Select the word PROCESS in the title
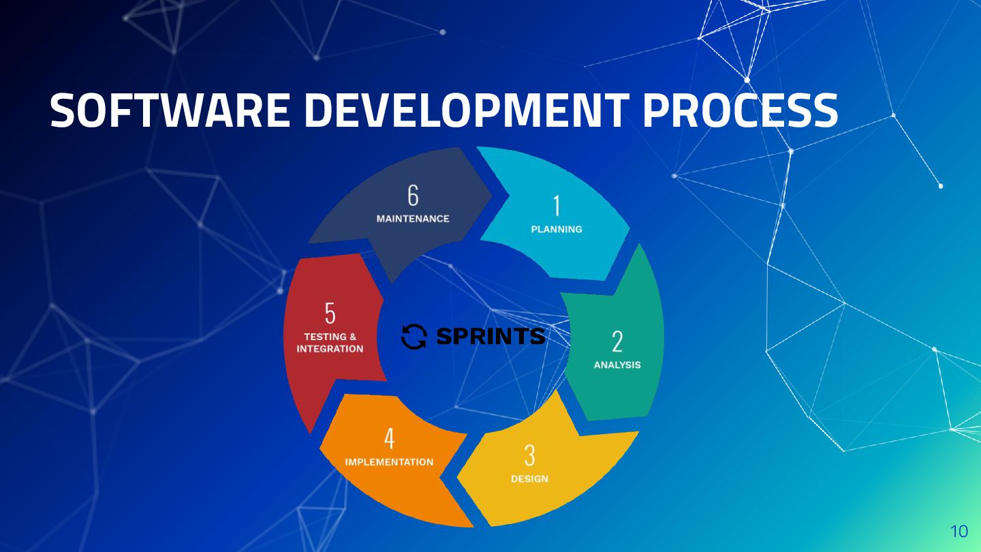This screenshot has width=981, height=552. pyautogui.click(x=741, y=110)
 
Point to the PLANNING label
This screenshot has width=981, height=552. pyautogui.click(x=557, y=230)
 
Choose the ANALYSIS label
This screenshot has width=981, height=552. pyautogui.click(x=617, y=365)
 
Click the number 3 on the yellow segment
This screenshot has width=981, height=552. pyautogui.click(x=529, y=456)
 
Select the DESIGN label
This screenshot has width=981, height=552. pyautogui.click(x=529, y=479)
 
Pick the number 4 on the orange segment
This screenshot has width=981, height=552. pyautogui.click(x=389, y=439)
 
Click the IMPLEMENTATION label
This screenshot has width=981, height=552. pyautogui.click(x=389, y=462)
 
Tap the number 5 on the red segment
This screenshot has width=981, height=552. pyautogui.click(x=330, y=313)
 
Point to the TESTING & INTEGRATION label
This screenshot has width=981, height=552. pyautogui.click(x=330, y=343)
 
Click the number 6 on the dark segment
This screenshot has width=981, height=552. pyautogui.click(x=413, y=196)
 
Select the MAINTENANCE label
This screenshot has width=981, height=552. pyautogui.click(x=413, y=219)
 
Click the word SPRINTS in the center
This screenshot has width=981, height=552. pyautogui.click(x=490, y=336)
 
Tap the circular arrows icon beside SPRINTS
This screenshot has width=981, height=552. pyautogui.click(x=414, y=336)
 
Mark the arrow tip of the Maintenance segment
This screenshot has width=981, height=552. pyautogui.click(x=491, y=195)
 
